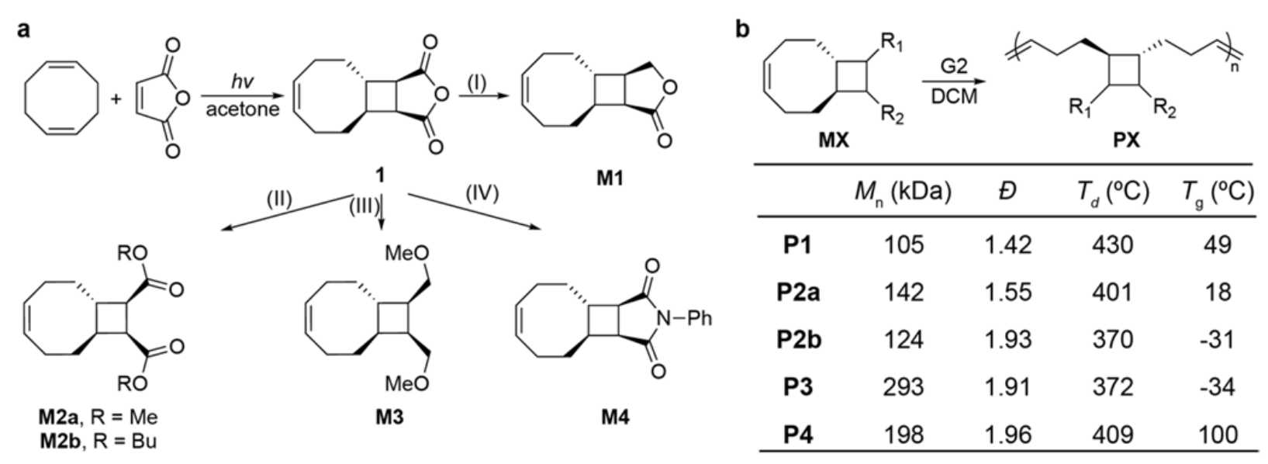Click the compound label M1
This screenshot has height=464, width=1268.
[x=610, y=178]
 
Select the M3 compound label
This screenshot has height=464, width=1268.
[x=389, y=418]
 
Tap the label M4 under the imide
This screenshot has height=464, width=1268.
[x=615, y=418]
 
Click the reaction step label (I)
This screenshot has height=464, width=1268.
[x=477, y=83]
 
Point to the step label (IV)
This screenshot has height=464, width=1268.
[x=482, y=193]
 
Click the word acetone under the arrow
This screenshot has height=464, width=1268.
[x=243, y=109]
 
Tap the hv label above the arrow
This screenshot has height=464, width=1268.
[x=242, y=81]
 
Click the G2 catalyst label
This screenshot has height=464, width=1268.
[x=954, y=67]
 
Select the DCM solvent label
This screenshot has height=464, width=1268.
[x=955, y=96]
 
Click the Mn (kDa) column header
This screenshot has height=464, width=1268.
[x=903, y=192]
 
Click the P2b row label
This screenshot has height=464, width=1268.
[x=799, y=339]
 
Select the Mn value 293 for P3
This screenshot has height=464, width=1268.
[x=903, y=387]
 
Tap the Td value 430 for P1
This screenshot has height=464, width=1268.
[x=1113, y=244]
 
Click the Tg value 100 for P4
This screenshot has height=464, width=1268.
[x=1217, y=435]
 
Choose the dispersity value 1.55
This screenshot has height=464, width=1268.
[x=1008, y=293]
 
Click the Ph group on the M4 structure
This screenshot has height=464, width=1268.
[x=699, y=318]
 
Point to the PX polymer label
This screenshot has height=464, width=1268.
[x=1127, y=140]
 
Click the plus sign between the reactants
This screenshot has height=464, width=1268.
[x=116, y=100]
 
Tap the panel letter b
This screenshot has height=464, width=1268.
[x=742, y=29]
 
